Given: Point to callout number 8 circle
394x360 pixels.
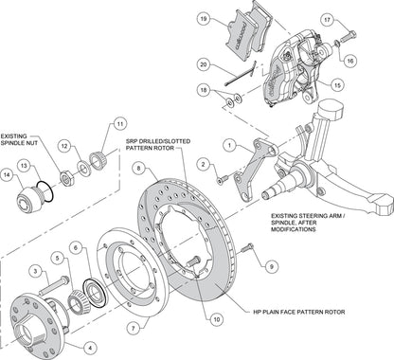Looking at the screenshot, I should [x=139, y=168].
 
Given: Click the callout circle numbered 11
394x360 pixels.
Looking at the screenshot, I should [x=120, y=122].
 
